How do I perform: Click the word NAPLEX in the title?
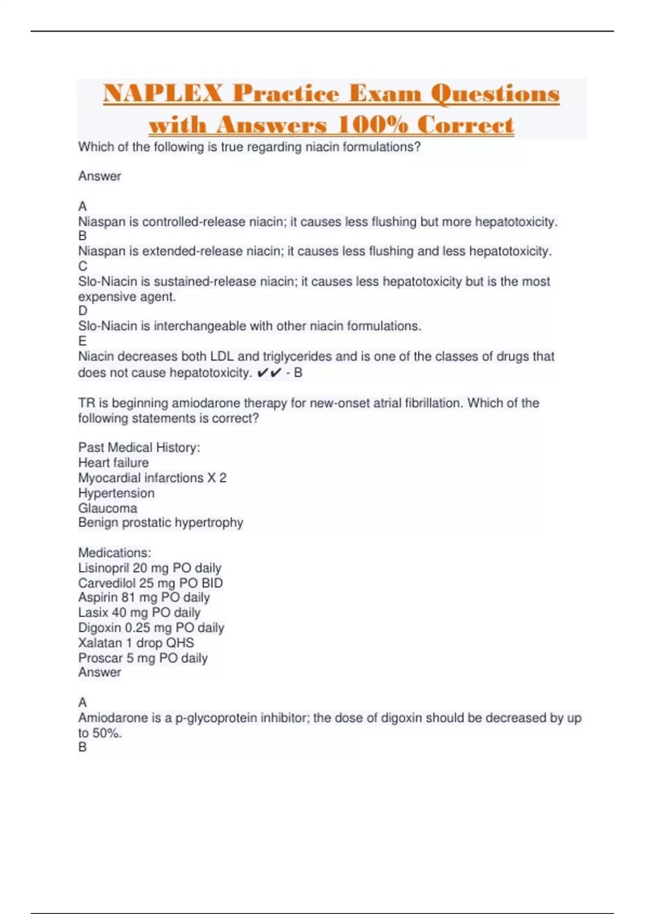(162, 94)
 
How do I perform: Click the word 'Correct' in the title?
(465, 125)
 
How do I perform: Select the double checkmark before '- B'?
(269, 373)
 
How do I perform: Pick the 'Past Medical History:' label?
(139, 447)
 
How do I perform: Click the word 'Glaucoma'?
(107, 508)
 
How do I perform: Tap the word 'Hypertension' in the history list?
(116, 493)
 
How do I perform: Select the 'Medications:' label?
(114, 553)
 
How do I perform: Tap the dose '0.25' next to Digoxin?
(137, 628)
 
